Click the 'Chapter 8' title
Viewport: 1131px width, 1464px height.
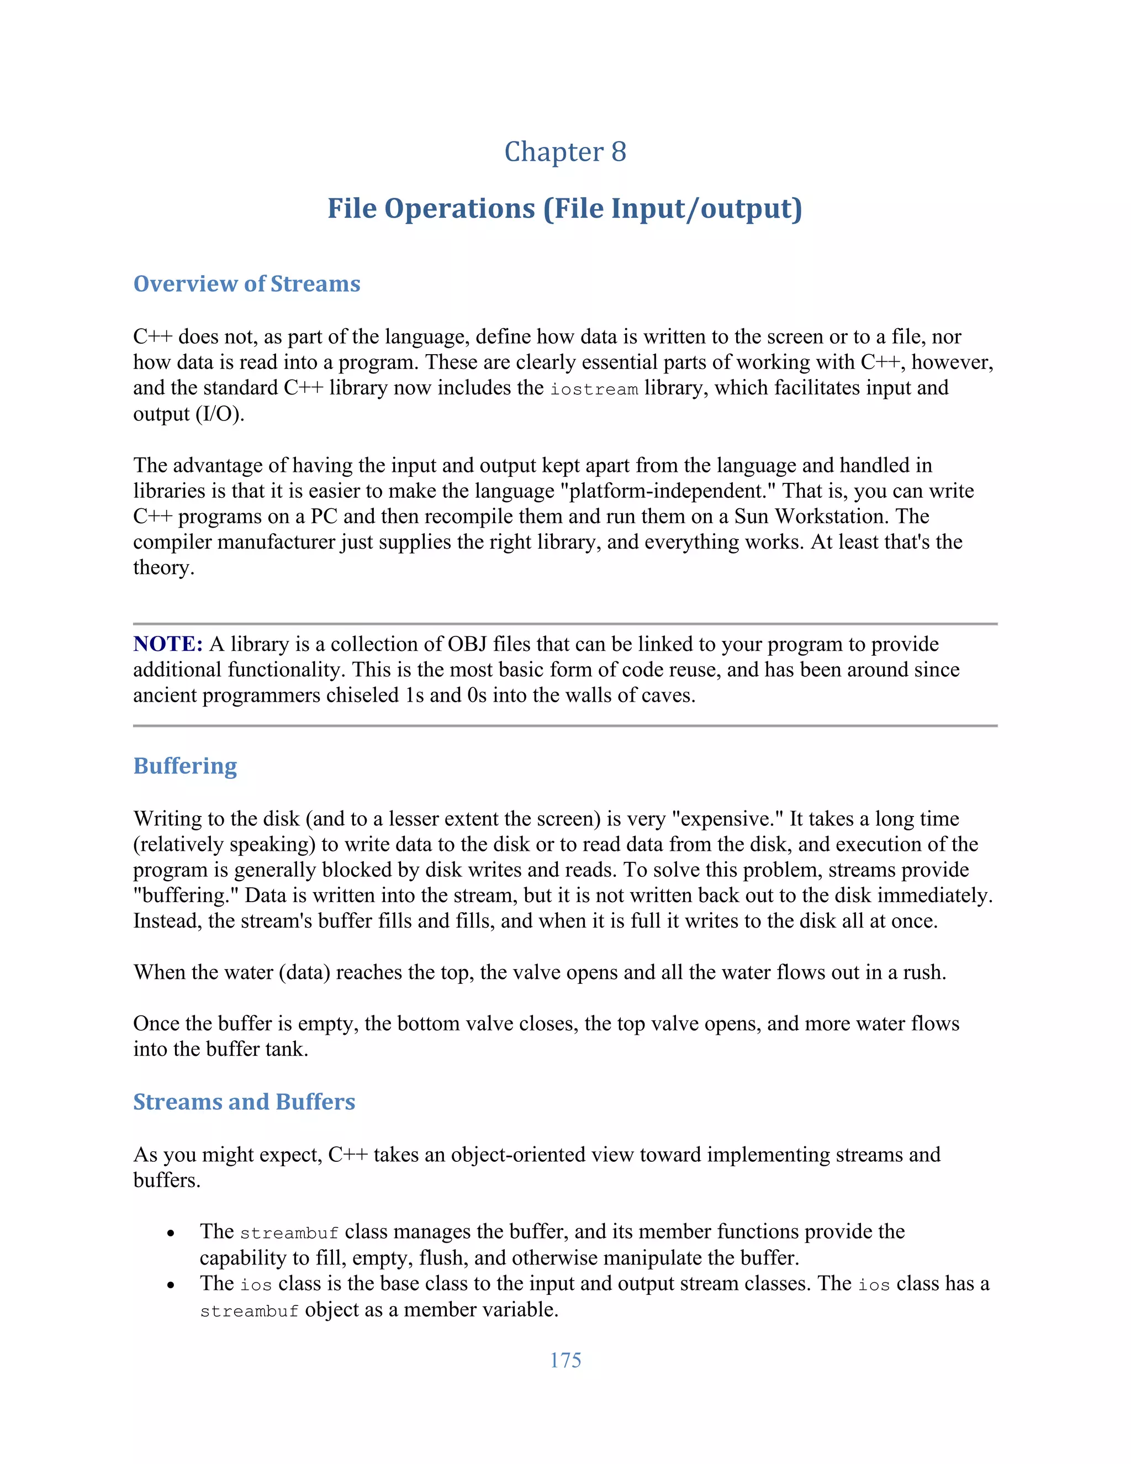tap(565, 151)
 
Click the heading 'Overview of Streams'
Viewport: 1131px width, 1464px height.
tap(246, 283)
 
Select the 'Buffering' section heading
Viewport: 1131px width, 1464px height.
tap(185, 766)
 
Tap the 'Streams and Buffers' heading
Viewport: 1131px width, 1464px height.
tap(244, 1102)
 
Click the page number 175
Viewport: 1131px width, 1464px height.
tap(565, 1360)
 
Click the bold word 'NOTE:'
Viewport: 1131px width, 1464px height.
tap(167, 644)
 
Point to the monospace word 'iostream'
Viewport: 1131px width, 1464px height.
tap(594, 389)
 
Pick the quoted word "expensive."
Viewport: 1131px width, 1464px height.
tap(727, 819)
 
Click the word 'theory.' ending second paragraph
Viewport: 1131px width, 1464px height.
tap(163, 568)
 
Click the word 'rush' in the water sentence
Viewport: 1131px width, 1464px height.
tap(921, 972)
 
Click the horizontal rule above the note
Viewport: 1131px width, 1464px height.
tap(565, 624)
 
